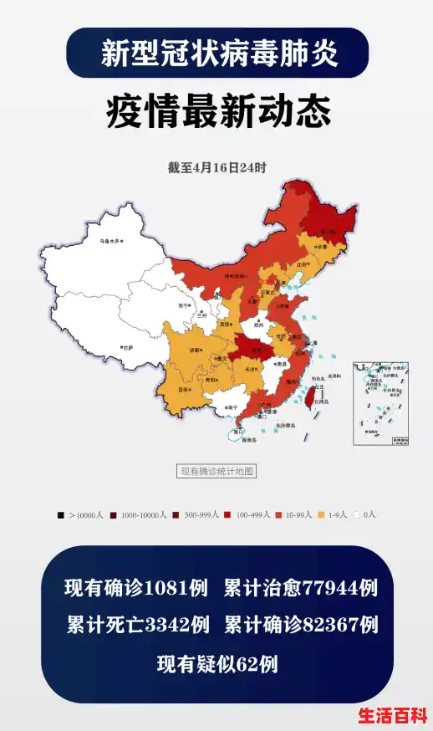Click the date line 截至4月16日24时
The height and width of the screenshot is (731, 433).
[216, 167]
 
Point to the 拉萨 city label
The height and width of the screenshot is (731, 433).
[126, 346]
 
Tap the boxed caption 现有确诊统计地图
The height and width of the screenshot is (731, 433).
[216, 472]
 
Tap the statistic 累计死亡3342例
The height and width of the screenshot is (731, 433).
[138, 626]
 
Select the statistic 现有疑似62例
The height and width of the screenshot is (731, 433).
[216, 665]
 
